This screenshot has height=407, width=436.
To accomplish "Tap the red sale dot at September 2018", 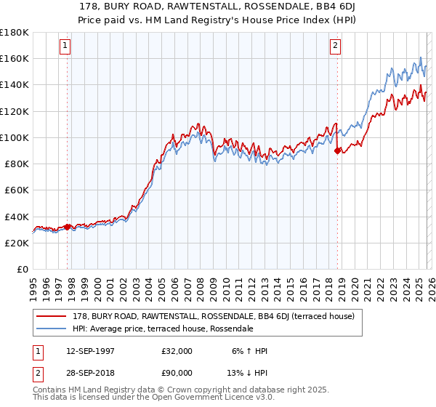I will pyautogui.click(x=337, y=150).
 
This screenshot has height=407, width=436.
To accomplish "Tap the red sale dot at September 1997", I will pyautogui.click(x=68, y=227).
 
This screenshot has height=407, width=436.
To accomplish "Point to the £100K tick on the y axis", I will pyautogui.click(x=15, y=137).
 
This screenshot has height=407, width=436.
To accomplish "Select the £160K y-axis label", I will pyautogui.click(x=15, y=58).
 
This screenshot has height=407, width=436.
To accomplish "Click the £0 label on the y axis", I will pyautogui.click(x=22, y=270).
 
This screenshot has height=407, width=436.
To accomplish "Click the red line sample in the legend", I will pyautogui.click(x=52, y=317).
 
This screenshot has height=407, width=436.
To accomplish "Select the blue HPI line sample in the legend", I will pyautogui.click(x=52, y=329).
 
